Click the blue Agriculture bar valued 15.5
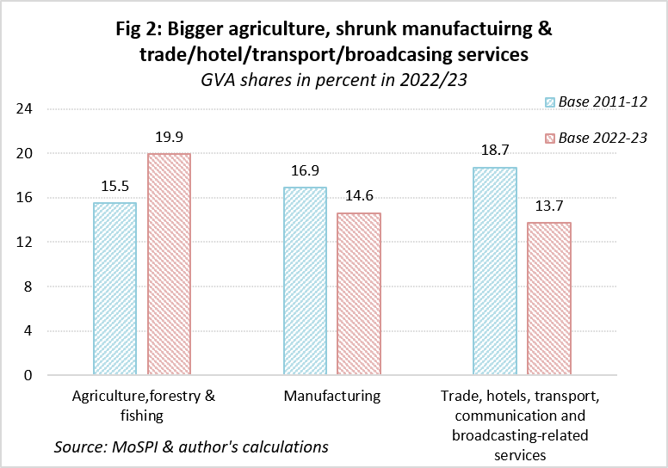114,289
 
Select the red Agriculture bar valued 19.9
169,264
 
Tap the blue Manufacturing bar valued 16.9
305,281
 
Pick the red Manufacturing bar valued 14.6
359,294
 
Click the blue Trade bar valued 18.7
495,271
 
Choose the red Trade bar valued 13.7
549,299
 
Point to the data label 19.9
169,137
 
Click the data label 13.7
549,206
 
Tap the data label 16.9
305,170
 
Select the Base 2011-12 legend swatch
550,102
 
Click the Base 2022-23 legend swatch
550,139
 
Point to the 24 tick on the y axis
24,109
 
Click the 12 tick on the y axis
24,242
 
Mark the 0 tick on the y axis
28,375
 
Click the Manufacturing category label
332,396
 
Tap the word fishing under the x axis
142,416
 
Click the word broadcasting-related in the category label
520,435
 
